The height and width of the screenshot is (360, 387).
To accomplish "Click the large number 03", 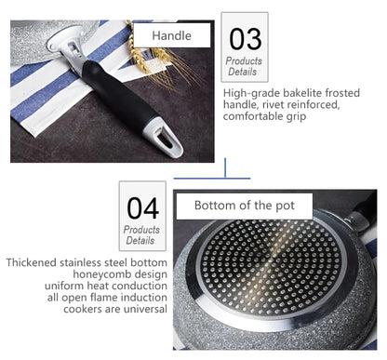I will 246,38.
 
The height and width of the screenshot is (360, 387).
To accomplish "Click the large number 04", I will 141,207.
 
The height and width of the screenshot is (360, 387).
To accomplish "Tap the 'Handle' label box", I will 172,36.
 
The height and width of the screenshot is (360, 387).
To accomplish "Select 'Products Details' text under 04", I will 141,234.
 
